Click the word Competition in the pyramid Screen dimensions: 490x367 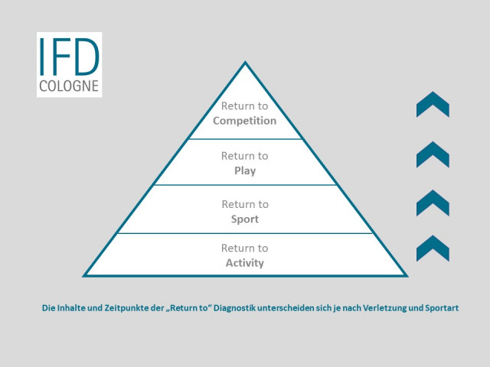pos(245,121)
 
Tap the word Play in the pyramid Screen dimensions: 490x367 pos(245,171)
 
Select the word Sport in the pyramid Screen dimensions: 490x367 pos(245,219)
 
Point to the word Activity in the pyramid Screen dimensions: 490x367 pos(245,263)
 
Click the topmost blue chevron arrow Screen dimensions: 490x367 pos(433,105)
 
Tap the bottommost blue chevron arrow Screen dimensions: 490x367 pos(433,248)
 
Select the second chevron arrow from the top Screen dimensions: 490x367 pos(433,154)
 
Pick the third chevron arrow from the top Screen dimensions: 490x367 pos(433,203)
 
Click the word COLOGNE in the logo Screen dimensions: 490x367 pos(69,86)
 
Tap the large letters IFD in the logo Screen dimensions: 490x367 pos(69,57)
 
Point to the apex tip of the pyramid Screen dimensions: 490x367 pos(245,61)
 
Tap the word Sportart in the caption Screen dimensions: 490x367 pos(442,308)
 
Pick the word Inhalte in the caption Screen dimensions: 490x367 pos(70,308)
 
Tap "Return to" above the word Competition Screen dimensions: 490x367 pos(245,106)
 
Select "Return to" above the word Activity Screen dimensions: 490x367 pos(245,248)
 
